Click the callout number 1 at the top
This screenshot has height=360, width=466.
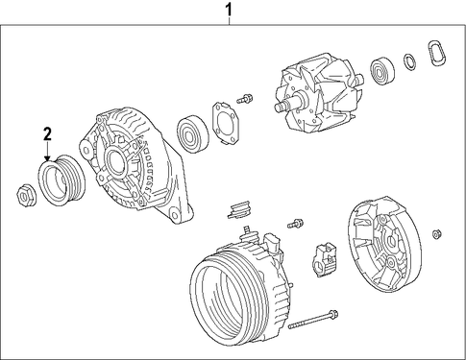(229, 10)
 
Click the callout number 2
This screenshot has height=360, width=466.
(47, 134)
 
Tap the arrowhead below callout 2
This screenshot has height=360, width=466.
(47, 158)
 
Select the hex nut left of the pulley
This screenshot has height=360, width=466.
(26, 195)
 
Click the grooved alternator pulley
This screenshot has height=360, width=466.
(61, 180)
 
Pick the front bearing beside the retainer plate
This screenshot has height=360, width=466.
(192, 133)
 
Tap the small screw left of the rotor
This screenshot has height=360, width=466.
(245, 98)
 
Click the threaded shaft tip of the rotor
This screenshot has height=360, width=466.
(279, 108)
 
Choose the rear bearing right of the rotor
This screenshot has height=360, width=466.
(382, 71)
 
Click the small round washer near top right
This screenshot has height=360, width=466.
(410, 62)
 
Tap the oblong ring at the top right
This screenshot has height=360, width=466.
(436, 53)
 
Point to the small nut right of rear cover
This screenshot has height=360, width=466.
(436, 234)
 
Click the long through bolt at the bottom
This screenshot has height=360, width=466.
(313, 319)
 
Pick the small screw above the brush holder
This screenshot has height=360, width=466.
(295, 223)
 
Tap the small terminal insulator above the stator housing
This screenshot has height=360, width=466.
(239, 209)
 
